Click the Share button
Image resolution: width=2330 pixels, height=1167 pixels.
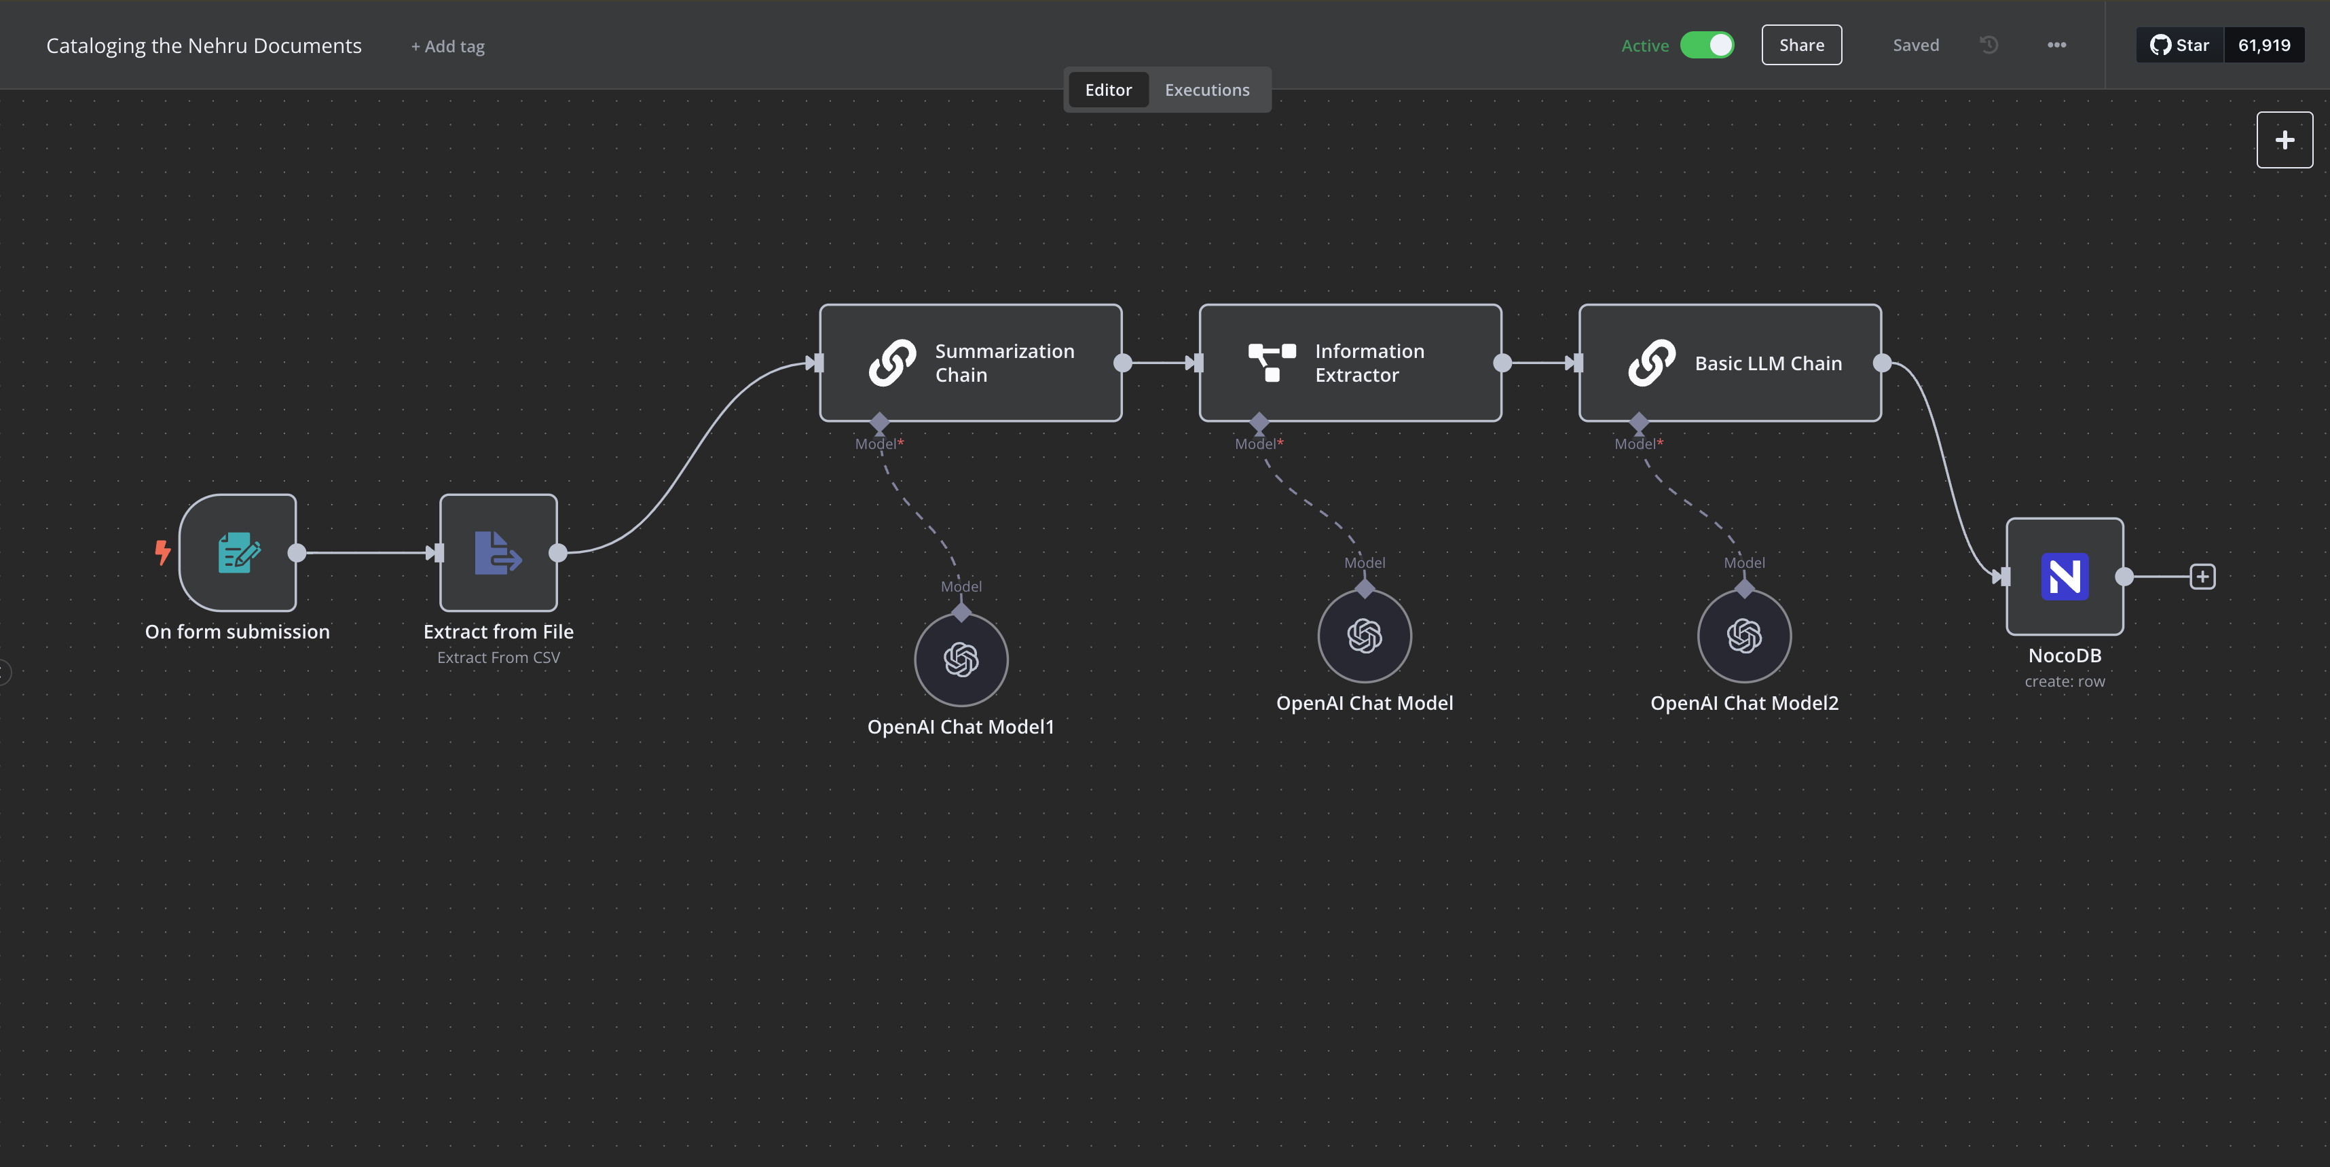click(x=1801, y=46)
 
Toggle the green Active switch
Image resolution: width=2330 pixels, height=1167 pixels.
click(x=1707, y=46)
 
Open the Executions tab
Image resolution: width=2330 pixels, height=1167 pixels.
click(x=1206, y=90)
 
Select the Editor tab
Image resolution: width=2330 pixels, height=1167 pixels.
click(x=1108, y=90)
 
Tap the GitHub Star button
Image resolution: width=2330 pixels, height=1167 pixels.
click(x=2180, y=46)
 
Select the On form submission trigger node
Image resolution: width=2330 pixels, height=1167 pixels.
click(x=238, y=553)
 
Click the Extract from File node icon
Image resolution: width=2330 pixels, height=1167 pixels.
click(x=498, y=553)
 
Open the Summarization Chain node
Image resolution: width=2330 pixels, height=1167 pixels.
click(x=971, y=363)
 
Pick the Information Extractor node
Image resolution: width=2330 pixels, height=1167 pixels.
click(x=1350, y=363)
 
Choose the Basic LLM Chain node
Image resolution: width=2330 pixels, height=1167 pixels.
click(x=1731, y=363)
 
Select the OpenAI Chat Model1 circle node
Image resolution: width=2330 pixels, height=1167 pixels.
click(x=961, y=660)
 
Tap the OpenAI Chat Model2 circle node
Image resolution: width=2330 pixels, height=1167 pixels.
click(x=1745, y=636)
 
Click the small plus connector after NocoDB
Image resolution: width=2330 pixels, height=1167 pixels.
click(x=2202, y=576)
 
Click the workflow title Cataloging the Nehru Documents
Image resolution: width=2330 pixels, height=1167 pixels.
click(x=204, y=46)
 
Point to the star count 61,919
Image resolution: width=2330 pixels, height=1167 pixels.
click(x=2264, y=46)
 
